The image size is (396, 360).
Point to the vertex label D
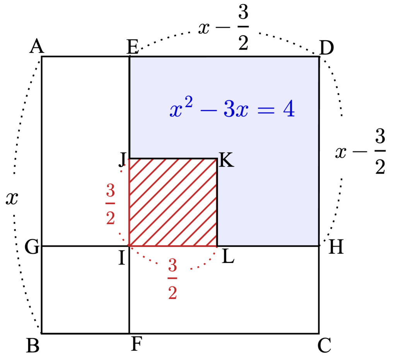[326, 49]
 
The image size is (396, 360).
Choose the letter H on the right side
[336, 247]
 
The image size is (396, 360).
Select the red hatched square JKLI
[173, 202]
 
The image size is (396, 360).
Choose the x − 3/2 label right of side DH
[360, 153]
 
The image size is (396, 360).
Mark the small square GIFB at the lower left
[85, 290]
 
